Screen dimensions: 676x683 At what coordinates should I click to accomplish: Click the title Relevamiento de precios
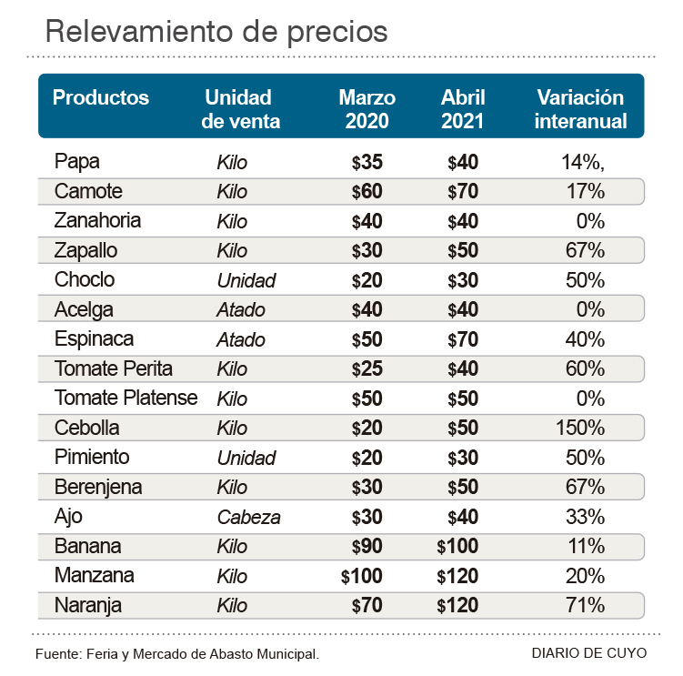click(x=216, y=31)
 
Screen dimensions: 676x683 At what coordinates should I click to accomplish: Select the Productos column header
click(x=101, y=97)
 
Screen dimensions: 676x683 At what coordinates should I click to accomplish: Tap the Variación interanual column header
click(x=580, y=109)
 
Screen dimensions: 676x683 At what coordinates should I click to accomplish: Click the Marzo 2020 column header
click(x=367, y=109)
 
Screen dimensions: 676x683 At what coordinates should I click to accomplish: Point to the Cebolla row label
click(x=87, y=428)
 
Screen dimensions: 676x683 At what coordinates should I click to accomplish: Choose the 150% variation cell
click(x=580, y=428)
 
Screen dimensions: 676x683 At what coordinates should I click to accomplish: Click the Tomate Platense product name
click(x=126, y=398)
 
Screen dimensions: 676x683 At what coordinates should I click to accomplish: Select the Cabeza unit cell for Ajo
click(x=248, y=517)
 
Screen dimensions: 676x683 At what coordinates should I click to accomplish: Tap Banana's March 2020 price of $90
click(x=367, y=547)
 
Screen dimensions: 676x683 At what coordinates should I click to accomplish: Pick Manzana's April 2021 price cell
click(x=457, y=576)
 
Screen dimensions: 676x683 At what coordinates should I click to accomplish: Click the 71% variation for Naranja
click(x=586, y=605)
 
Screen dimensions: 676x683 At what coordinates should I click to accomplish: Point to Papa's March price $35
click(x=367, y=163)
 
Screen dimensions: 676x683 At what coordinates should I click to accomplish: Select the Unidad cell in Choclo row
click(x=246, y=280)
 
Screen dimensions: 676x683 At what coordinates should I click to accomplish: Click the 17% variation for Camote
click(x=586, y=192)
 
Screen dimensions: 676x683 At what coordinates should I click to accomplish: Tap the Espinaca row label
click(x=94, y=339)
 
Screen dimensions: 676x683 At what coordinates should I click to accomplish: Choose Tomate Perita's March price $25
click(x=367, y=368)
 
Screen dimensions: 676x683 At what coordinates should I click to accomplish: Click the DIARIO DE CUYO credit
click(x=589, y=653)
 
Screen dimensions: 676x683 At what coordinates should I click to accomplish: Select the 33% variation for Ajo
click(x=586, y=517)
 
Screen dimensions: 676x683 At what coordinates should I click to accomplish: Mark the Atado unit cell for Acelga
click(x=241, y=310)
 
